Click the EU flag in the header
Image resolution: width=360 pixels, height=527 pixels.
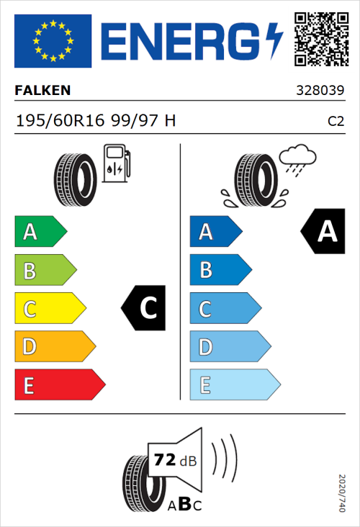coord(53,40)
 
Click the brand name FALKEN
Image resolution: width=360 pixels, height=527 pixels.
coord(42,91)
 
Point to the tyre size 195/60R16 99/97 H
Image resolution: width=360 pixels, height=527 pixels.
coord(96,121)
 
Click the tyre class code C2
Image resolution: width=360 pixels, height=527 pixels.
coord(336,122)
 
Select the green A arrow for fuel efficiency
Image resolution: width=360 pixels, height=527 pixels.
coord(40,232)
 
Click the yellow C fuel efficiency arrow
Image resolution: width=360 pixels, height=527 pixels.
coord(49,309)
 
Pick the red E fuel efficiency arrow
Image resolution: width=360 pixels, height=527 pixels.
coord(59,385)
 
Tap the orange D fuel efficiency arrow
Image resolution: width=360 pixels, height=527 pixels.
coord(54,347)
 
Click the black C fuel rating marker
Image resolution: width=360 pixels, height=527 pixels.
coord(145,309)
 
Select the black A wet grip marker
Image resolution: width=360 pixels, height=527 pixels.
coord(322,232)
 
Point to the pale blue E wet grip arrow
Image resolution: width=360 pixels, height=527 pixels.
coord(234,385)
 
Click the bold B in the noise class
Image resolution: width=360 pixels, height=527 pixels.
coord(184,504)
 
